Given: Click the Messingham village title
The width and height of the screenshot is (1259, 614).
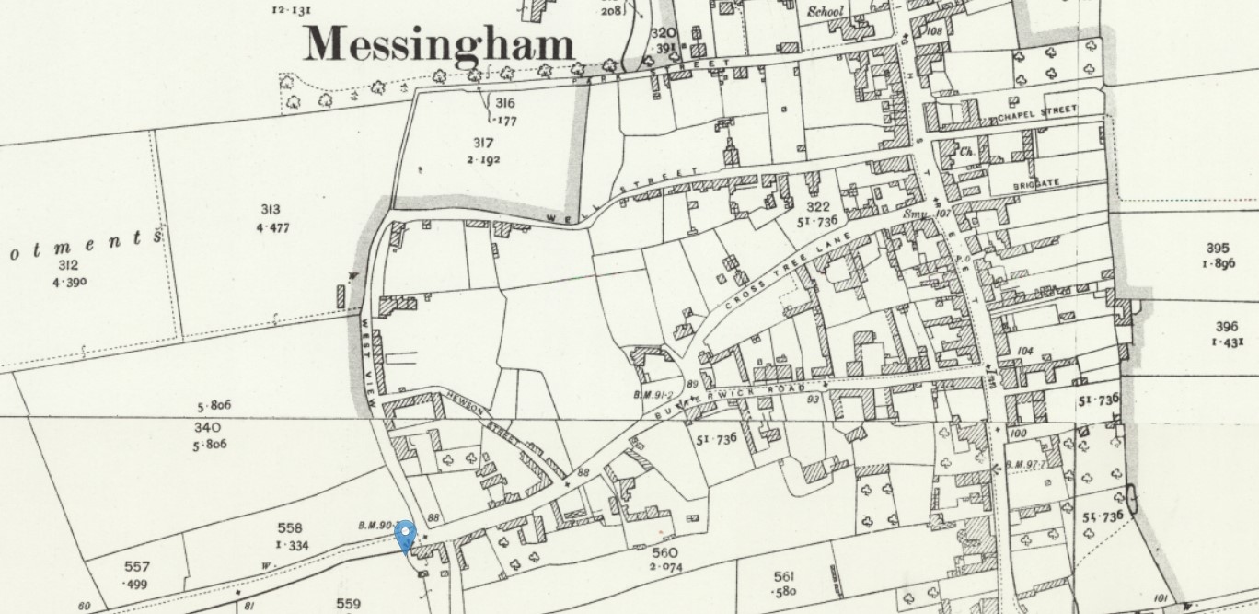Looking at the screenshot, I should [x=439, y=44].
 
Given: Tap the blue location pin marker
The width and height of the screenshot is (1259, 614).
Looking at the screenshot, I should [x=405, y=535].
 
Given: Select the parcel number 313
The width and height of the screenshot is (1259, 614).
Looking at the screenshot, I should [x=270, y=210].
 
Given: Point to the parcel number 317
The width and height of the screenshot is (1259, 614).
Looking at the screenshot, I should [x=483, y=144].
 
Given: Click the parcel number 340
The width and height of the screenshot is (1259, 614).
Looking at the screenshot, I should [x=207, y=427].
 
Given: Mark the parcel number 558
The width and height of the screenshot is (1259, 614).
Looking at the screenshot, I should [x=290, y=528].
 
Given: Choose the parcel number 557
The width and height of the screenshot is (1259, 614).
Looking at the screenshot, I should [x=136, y=567].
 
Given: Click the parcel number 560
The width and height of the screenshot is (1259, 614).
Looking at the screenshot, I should [x=664, y=552].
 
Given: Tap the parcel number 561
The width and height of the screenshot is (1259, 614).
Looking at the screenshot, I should [x=784, y=576].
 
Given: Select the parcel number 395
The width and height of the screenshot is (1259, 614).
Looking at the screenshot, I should [x=1218, y=248].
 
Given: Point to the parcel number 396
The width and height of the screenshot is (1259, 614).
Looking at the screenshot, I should [x=1226, y=326].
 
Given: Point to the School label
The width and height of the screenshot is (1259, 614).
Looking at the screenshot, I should [x=826, y=12].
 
